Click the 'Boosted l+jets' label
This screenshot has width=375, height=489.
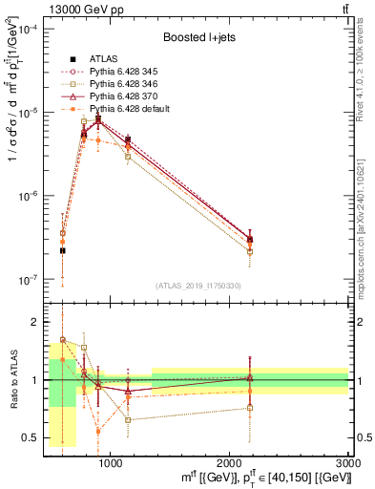coord(198,38)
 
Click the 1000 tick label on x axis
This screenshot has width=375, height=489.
coord(111,461)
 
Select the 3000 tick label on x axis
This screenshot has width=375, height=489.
coord(348,461)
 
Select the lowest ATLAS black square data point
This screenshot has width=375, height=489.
coord(62,250)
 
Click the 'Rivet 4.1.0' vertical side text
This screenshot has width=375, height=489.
coord(366,67)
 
